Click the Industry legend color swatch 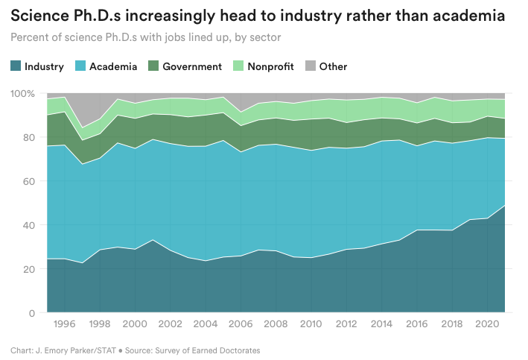point(16,66)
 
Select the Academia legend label point(113,66)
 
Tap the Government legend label point(192,66)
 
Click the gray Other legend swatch point(310,66)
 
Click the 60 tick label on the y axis point(28,181)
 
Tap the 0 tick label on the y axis point(31,313)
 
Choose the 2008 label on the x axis point(276,326)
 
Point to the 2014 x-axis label point(382,326)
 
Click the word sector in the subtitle point(266,36)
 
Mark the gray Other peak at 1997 point(81,112)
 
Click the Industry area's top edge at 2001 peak point(152,239)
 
